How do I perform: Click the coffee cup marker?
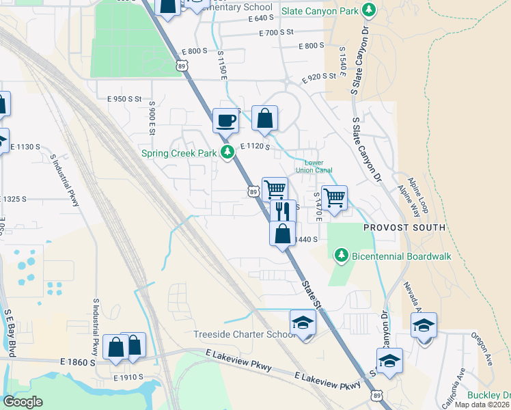coord(225,121)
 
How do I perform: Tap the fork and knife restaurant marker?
coord(283,210)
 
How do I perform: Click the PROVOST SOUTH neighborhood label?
coord(404,227)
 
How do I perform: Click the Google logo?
coord(23,402)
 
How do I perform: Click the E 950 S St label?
coord(124,99)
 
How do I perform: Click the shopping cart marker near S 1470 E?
coord(333,198)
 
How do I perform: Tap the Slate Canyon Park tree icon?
coord(369,10)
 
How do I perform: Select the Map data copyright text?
coord(482,405)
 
